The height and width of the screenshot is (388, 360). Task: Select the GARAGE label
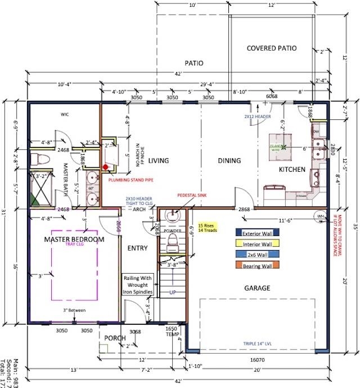tap(256, 288)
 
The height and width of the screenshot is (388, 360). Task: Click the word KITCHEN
tap(292, 170)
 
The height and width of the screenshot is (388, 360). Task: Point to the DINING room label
tap(229, 160)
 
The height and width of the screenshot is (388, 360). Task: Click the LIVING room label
tap(159, 160)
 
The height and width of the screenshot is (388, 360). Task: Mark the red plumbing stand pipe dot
tap(105, 167)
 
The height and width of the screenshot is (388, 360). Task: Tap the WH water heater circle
tap(321, 216)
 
